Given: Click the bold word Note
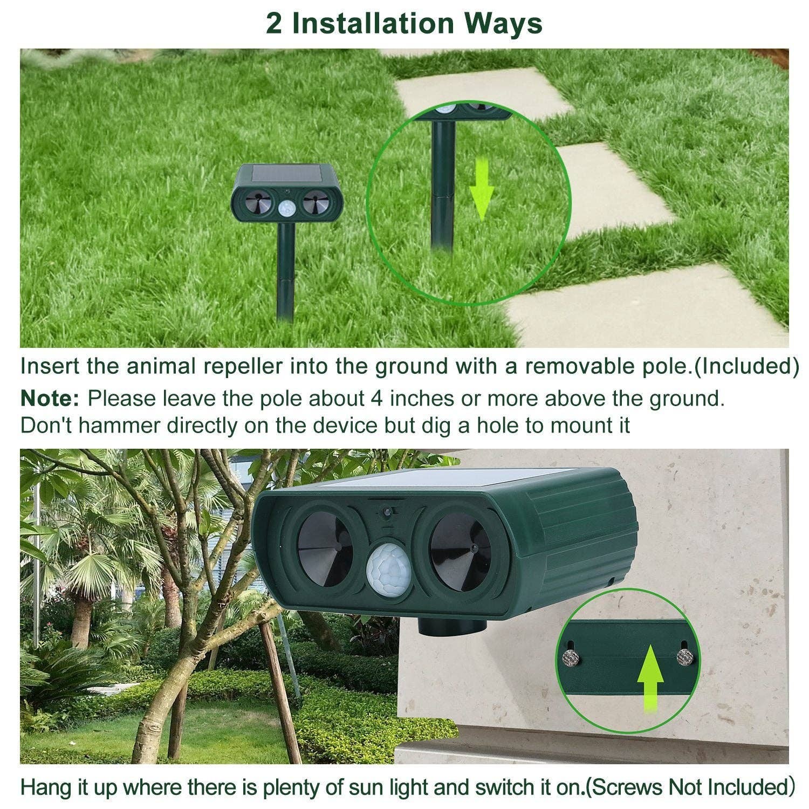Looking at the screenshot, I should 50,399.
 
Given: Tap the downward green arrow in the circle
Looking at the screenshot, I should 481,189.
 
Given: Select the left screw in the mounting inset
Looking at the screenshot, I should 568,657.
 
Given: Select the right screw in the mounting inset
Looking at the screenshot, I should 684,656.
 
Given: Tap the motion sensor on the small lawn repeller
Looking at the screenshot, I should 287,207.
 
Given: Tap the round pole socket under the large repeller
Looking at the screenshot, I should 452,627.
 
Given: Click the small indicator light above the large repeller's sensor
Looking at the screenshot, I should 387,511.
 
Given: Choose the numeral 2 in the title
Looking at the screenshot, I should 274,24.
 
